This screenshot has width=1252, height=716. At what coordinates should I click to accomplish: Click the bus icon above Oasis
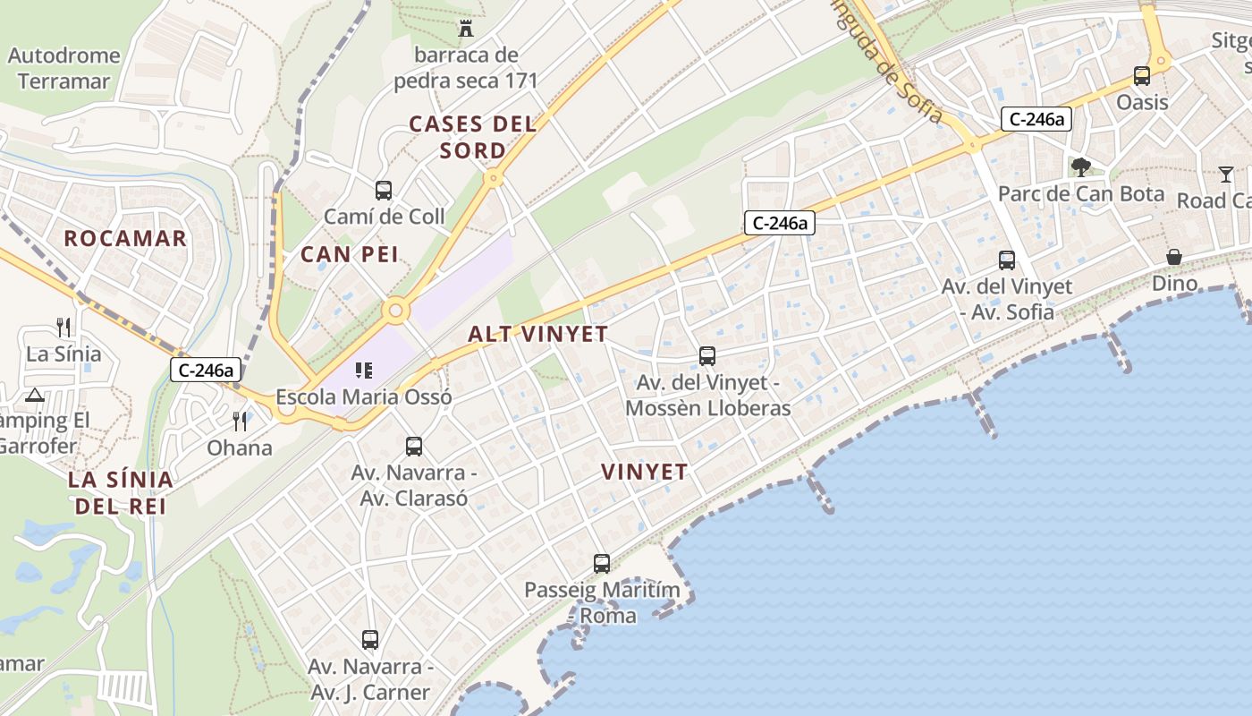pos(1142,76)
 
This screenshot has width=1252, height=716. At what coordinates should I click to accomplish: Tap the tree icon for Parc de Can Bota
pos(1080,166)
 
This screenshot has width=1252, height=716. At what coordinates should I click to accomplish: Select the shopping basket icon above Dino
pos(1174,258)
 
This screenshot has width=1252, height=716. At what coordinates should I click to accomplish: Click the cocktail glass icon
pos(1225,174)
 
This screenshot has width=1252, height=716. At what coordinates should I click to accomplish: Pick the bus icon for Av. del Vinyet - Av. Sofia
pos(1007,260)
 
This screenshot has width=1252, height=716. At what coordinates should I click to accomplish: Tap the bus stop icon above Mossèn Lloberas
pos(707,356)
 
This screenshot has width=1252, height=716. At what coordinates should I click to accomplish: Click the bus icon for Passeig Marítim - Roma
pos(602,564)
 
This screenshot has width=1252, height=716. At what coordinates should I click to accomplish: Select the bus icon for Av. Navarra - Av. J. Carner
pos(370,640)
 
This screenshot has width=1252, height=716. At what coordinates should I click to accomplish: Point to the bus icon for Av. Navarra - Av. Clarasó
pos(413,446)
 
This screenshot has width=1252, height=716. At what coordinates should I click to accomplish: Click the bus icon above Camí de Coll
pos(384,190)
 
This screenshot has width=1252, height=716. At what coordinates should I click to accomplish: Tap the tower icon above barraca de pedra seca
pos(466,29)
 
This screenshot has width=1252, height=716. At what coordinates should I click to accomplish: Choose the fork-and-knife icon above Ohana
pos(239,421)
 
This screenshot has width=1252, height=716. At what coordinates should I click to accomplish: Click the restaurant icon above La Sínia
pos(63,327)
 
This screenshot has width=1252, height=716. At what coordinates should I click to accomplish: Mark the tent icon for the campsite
pos(35,395)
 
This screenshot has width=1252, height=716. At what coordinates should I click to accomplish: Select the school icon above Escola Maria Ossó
pos(363,370)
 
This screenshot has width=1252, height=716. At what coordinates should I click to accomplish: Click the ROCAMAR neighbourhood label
pos(125,238)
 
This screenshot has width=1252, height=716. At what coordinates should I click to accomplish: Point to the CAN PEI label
pos(350,254)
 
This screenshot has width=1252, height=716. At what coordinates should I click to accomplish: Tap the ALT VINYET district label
pos(538,335)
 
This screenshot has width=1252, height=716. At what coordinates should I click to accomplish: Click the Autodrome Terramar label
pos(63,68)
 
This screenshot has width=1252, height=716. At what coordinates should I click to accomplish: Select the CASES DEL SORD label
pos(473,137)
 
